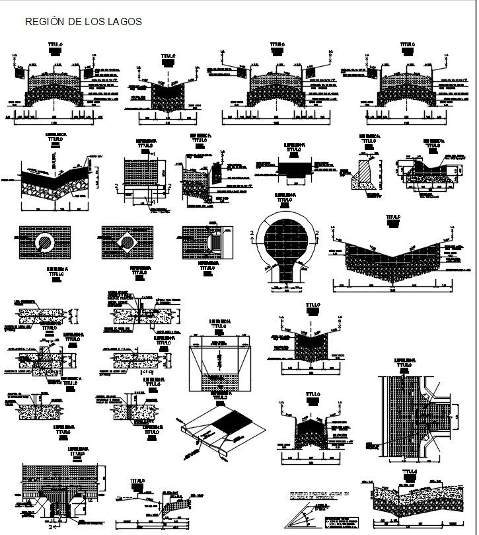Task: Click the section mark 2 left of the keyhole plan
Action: click(252, 232)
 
